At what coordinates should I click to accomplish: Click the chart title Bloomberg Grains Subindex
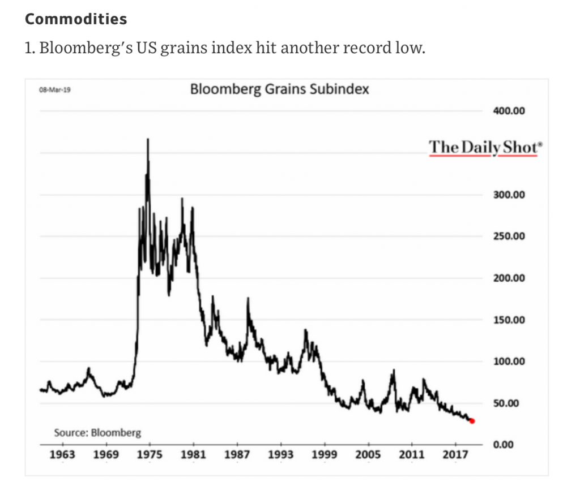point(279,89)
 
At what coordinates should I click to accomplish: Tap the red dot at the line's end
point(472,421)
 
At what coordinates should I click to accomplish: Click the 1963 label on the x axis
point(62,455)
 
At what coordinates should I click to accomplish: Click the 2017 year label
point(455,455)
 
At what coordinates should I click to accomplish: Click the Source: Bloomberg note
point(97,433)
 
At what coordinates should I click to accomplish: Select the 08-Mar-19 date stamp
point(51,90)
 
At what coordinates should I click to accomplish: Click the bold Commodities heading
point(76,19)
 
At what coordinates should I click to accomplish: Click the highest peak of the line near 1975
point(148,139)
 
